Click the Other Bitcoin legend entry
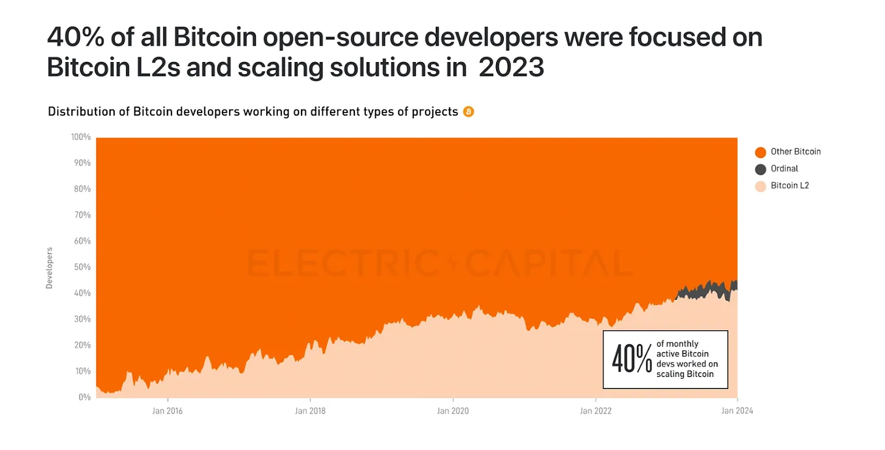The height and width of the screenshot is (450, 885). (x=795, y=151)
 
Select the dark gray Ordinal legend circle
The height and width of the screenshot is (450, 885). (x=760, y=169)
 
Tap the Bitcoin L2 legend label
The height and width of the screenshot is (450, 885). (x=790, y=185)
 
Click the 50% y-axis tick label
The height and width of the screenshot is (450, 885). (x=83, y=267)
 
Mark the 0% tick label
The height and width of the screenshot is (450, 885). (x=84, y=397)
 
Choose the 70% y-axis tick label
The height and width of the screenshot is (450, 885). (x=83, y=215)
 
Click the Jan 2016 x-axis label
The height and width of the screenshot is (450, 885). (x=167, y=410)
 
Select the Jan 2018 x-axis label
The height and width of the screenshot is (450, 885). (x=310, y=410)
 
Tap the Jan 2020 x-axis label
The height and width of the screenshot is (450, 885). (x=453, y=410)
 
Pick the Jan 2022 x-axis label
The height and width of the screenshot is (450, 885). (x=596, y=410)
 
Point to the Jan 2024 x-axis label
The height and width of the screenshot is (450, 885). (x=737, y=410)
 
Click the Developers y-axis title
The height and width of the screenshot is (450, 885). (x=49, y=268)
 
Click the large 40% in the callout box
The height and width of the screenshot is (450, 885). (x=632, y=359)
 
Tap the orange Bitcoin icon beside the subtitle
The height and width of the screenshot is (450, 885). (x=468, y=111)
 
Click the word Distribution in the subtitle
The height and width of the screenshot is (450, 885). (x=78, y=112)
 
